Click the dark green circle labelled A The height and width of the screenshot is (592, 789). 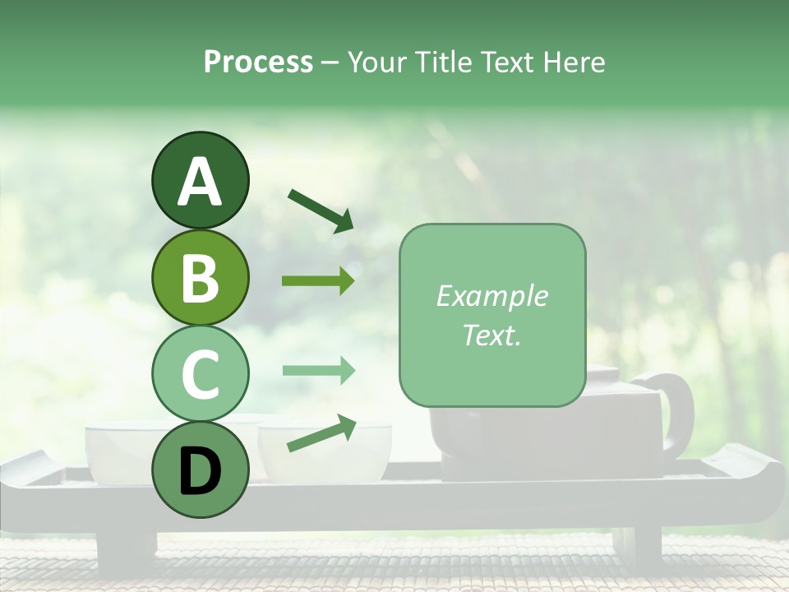(200, 180)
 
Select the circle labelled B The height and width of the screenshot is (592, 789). (200, 277)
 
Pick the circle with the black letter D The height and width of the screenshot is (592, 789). (200, 470)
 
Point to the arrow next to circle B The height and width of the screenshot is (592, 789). (318, 281)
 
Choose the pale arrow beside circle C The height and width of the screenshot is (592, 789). (318, 371)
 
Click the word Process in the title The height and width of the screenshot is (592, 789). (258, 62)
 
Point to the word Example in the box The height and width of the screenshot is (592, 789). (491, 296)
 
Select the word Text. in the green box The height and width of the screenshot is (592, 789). (491, 335)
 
